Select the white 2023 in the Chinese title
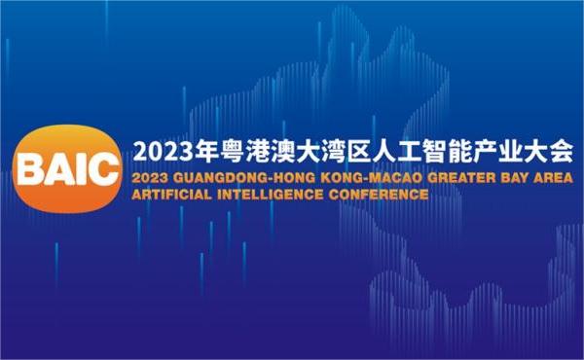click(162, 153)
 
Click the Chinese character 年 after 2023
click(205, 153)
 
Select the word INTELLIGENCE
click(275, 194)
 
